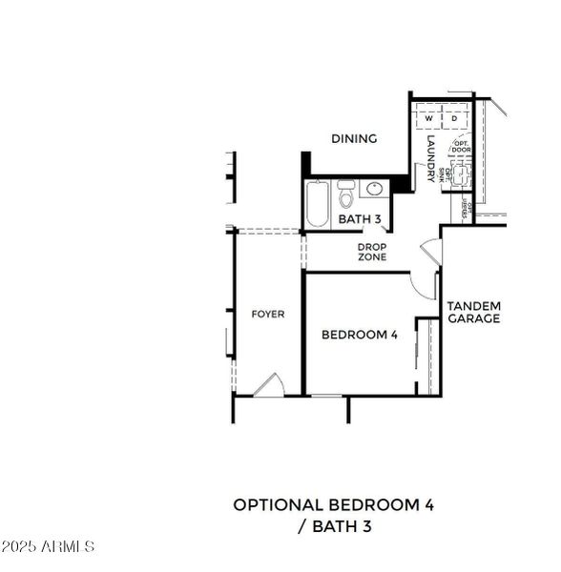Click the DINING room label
tap(354, 139)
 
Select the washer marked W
tap(427, 119)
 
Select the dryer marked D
tap(454, 119)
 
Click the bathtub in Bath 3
tap(317, 205)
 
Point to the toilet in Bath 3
tap(345, 195)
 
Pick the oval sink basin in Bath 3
tap(373, 189)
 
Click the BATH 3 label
tap(360, 220)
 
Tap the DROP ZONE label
tap(372, 252)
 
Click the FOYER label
tap(267, 314)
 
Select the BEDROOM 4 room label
tap(359, 335)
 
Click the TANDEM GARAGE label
tap(474, 313)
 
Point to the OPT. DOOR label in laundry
tap(462, 147)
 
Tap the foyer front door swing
tap(268, 385)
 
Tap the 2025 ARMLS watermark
tap(48, 547)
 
